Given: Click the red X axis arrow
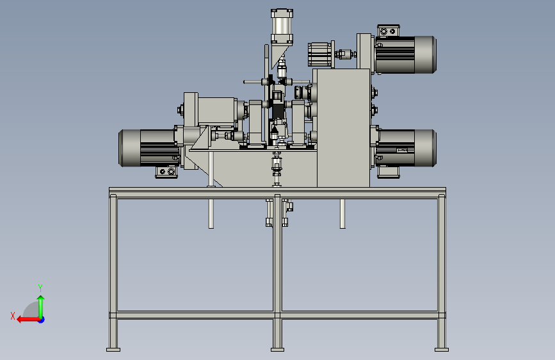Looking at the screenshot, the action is tap(29, 320).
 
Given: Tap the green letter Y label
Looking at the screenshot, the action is tap(40, 288).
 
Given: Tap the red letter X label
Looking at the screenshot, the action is tap(13, 316).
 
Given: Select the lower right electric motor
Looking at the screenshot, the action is tap(406, 148).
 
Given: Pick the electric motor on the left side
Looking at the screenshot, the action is tap(149, 148).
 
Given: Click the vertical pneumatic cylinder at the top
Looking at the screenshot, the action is tap(282, 26).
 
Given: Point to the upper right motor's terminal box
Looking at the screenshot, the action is tap(389, 31).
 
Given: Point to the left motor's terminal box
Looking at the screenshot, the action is tap(166, 172).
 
